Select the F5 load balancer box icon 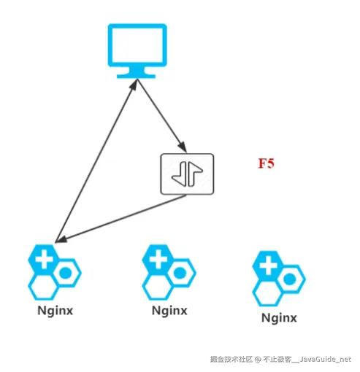[x=187, y=173]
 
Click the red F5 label [x=266, y=163]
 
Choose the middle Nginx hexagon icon [x=169, y=272]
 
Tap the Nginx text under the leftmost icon [x=55, y=311]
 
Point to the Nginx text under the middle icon [x=169, y=311]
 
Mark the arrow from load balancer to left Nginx [x=117, y=218]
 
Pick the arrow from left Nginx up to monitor [x=95, y=160]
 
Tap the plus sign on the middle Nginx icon [x=157, y=258]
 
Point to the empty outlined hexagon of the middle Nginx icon [x=157, y=287]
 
